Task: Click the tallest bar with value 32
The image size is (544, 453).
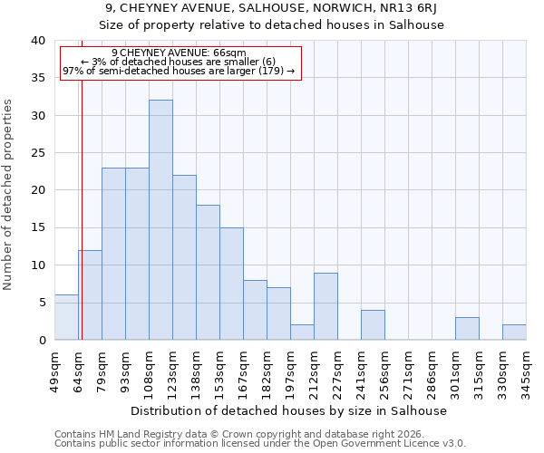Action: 160,220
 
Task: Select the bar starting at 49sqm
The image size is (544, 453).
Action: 66,317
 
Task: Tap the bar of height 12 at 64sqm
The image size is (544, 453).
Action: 90,294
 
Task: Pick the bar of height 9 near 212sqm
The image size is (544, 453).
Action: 325,306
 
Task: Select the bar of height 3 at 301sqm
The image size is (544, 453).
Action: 467,329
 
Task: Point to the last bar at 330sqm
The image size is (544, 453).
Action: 514,333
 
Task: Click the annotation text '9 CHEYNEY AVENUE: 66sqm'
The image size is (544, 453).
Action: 179,53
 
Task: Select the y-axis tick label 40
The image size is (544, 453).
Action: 37,41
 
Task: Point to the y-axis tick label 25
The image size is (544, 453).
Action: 37,153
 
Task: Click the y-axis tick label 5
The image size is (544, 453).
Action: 41,303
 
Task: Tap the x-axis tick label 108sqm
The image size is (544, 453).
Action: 150,371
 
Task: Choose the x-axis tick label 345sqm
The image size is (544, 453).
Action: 527,371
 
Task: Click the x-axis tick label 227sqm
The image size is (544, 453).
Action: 338,371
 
